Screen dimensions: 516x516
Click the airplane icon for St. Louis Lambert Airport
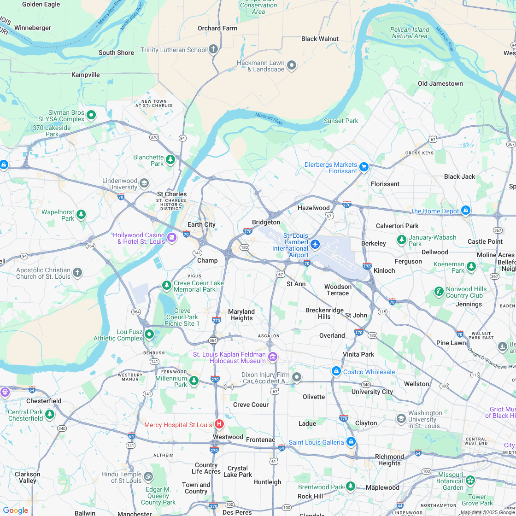(315, 244)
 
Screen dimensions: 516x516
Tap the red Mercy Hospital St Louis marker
(219, 424)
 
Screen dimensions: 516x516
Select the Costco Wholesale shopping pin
(336, 371)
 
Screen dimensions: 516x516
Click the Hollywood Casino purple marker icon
(172, 237)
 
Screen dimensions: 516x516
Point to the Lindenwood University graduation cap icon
(144, 183)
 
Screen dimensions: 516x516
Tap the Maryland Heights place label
(241, 315)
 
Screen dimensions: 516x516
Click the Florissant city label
(385, 184)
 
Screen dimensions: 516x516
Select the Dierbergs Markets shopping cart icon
(364, 167)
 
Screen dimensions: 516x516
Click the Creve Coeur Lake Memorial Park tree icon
(167, 286)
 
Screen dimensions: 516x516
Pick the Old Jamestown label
(440, 83)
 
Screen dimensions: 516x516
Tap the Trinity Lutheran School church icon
(213, 49)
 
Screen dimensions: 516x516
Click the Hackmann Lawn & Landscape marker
(291, 65)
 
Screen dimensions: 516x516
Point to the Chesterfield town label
(44, 401)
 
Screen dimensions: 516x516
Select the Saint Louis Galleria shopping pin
(351, 441)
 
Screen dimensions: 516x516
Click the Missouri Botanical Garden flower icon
(470, 481)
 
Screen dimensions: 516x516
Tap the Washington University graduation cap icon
(401, 418)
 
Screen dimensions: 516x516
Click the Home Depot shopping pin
(465, 210)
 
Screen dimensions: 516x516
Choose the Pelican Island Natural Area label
(410, 33)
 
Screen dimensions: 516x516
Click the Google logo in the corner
(15, 510)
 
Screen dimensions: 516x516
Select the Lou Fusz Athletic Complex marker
(149, 334)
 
